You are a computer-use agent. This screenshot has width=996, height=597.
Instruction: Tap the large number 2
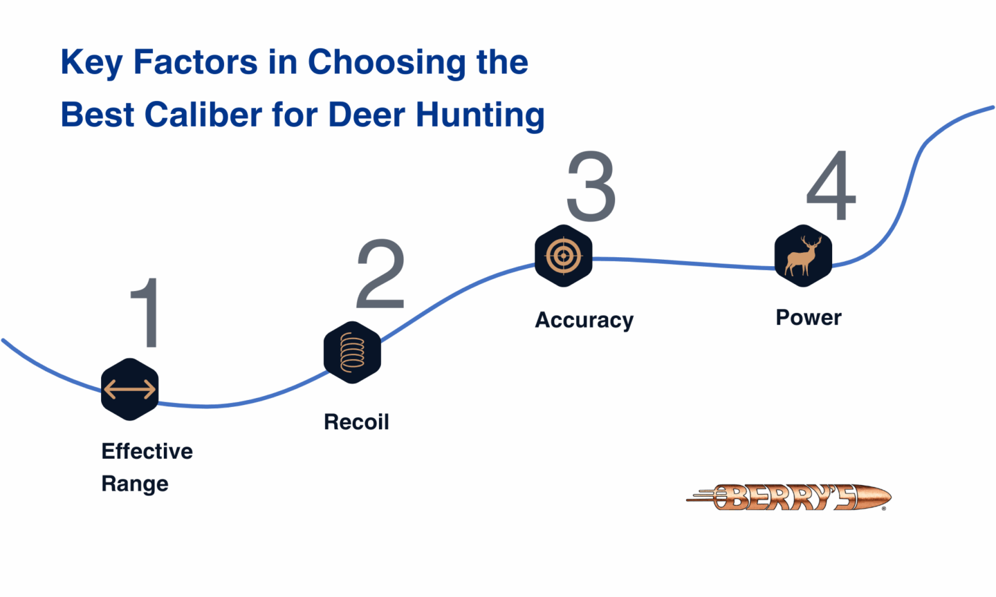[380, 274]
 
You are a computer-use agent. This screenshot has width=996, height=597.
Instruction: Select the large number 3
[591, 187]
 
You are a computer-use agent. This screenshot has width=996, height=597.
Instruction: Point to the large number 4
[831, 186]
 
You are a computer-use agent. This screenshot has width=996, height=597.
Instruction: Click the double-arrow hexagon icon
[130, 389]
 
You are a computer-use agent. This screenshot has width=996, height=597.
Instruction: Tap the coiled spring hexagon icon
[352, 352]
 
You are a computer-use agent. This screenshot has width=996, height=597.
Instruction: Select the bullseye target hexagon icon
[564, 256]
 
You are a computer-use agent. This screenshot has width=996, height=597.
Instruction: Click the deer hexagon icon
[803, 256]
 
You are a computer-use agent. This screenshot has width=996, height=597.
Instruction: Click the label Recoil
[356, 421]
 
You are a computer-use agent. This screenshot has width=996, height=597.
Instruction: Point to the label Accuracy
[584, 320]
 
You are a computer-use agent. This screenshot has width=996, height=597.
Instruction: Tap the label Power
[809, 317]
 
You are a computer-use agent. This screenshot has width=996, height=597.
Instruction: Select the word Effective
[147, 451]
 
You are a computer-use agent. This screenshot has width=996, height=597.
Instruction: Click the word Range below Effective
[135, 484]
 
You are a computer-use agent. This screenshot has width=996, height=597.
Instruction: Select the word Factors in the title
[195, 62]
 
